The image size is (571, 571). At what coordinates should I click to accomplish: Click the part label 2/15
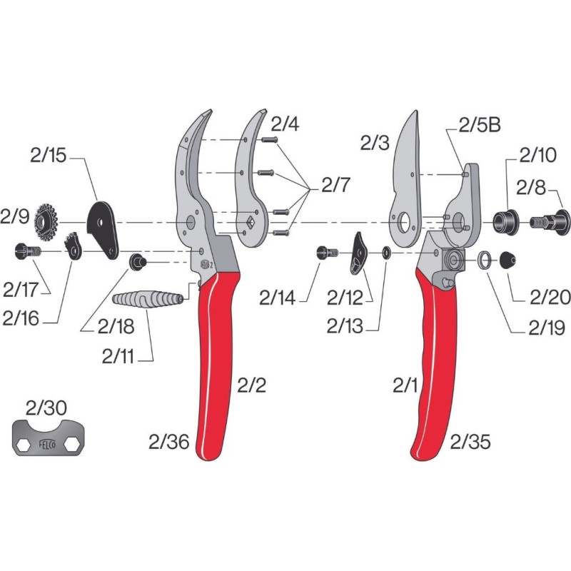click(x=48, y=156)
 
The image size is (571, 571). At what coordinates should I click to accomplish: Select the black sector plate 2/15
click(x=103, y=229)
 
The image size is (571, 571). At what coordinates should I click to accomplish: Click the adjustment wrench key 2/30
click(x=49, y=437)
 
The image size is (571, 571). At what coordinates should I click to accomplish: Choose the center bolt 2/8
click(x=550, y=222)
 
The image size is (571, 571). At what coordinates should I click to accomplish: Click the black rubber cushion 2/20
click(x=507, y=260)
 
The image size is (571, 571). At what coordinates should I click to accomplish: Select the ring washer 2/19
click(x=484, y=260)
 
